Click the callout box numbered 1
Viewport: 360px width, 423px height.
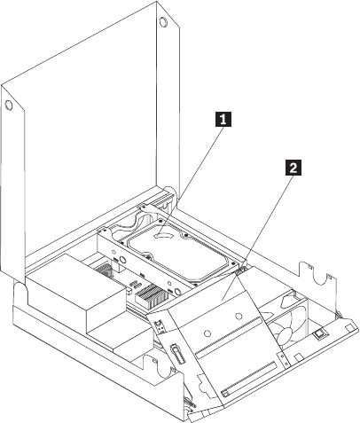point(223,119)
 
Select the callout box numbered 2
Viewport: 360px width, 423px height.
point(293,168)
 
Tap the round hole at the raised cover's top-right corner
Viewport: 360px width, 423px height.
point(163,22)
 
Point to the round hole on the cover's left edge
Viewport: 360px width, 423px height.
point(9,105)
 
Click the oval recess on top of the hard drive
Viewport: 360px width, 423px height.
point(162,235)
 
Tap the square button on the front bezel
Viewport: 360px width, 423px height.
point(319,334)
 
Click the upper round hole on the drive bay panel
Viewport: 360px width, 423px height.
point(239,317)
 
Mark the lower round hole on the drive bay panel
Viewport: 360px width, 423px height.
point(207,333)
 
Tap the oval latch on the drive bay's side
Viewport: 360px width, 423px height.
point(177,354)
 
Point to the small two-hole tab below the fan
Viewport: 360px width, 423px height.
point(285,360)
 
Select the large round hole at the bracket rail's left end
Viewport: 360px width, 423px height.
point(122,260)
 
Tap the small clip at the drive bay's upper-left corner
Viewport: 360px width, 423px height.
point(160,325)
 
